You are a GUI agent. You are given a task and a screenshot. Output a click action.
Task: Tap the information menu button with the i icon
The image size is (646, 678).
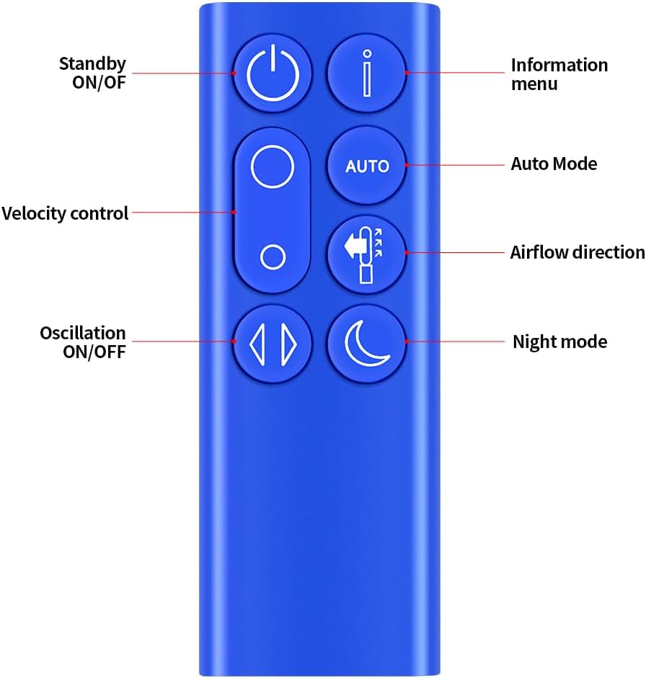[x=367, y=73]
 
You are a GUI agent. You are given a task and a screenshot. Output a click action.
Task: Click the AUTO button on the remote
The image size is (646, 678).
[x=367, y=166]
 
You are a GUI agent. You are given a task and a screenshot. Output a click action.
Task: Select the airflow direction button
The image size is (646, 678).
[x=367, y=254]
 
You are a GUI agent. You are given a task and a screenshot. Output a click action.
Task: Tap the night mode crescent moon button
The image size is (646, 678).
[x=367, y=344]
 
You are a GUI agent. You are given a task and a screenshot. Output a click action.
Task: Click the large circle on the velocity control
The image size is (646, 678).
[x=273, y=166]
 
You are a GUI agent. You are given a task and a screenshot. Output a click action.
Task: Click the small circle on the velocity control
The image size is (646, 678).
[x=273, y=257]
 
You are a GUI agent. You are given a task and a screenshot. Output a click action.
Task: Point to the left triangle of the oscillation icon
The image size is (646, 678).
[x=257, y=344]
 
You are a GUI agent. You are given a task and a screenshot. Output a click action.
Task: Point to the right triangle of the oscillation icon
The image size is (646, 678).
[x=289, y=344]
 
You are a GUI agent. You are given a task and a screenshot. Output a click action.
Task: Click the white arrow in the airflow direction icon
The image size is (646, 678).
[x=353, y=247]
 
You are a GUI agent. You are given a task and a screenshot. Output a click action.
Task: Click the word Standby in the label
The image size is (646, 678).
[x=92, y=64]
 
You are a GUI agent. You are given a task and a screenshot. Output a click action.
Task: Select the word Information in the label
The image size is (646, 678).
[x=559, y=66]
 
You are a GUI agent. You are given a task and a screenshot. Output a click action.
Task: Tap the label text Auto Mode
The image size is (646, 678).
[x=554, y=164]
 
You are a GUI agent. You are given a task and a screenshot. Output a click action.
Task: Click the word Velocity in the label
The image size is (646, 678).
[x=33, y=213]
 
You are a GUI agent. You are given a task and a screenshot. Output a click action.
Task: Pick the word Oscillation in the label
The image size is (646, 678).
[x=83, y=334]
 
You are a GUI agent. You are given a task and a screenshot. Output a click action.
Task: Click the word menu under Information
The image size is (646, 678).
[x=534, y=84]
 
